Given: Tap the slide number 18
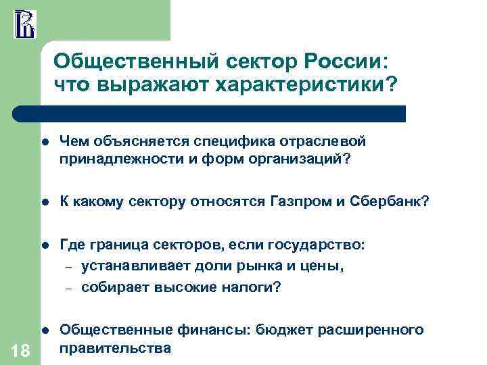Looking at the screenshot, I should click(20, 348).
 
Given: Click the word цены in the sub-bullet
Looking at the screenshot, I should click(318, 266).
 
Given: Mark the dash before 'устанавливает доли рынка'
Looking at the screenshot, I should click(68, 266).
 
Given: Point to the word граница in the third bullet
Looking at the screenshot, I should click(118, 245).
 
